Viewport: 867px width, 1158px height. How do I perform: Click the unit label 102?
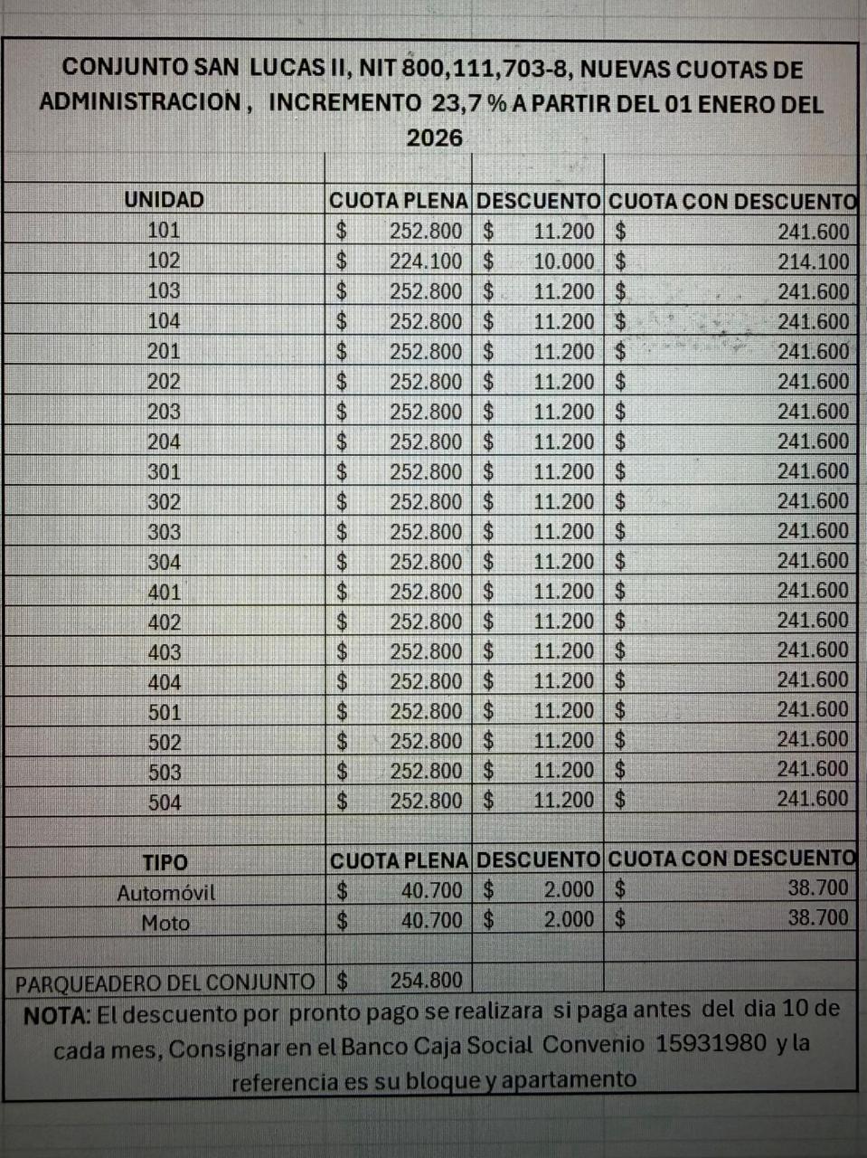point(164,261)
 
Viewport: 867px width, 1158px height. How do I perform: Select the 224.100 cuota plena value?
point(426,261)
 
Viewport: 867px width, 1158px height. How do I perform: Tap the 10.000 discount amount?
point(564,261)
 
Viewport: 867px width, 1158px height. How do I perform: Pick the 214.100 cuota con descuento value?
point(814,261)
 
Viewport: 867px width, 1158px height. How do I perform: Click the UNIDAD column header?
point(164,200)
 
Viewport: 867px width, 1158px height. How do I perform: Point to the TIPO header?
point(165,862)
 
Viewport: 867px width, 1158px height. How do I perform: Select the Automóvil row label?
point(165,893)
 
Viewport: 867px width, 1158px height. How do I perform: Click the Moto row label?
point(165,923)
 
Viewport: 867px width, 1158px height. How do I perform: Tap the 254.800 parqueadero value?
point(426,980)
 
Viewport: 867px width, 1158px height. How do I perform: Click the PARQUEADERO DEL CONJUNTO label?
point(165,982)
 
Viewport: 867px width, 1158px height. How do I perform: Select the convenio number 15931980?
point(711,1043)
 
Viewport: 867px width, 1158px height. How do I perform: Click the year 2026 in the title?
point(434,138)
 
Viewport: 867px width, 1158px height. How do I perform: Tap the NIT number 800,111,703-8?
point(512,69)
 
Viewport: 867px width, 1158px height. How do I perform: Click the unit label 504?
point(165,802)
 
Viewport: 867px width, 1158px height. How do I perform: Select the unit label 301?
point(164,471)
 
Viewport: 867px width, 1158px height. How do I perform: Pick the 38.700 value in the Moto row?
point(818,917)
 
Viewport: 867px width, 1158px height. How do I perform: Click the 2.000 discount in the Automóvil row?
point(569,890)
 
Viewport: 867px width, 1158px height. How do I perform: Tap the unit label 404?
point(165,681)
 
